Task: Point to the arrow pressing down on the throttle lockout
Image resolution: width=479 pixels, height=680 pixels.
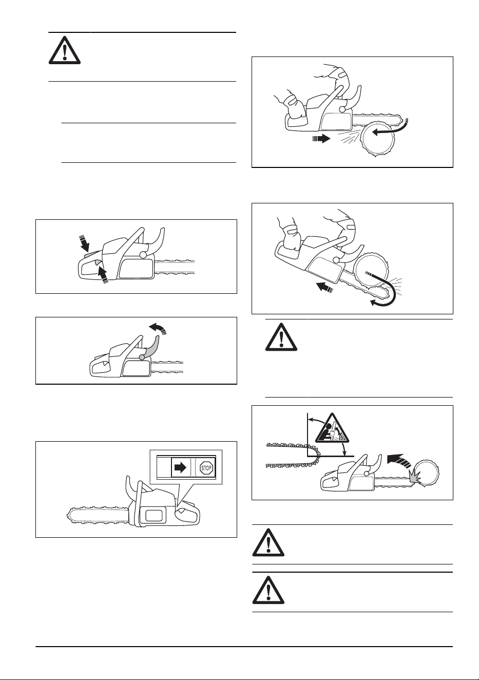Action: point(84,243)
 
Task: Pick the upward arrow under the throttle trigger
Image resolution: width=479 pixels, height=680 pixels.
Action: point(103,275)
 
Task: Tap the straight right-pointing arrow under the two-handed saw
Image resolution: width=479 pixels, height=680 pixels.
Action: point(321,139)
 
